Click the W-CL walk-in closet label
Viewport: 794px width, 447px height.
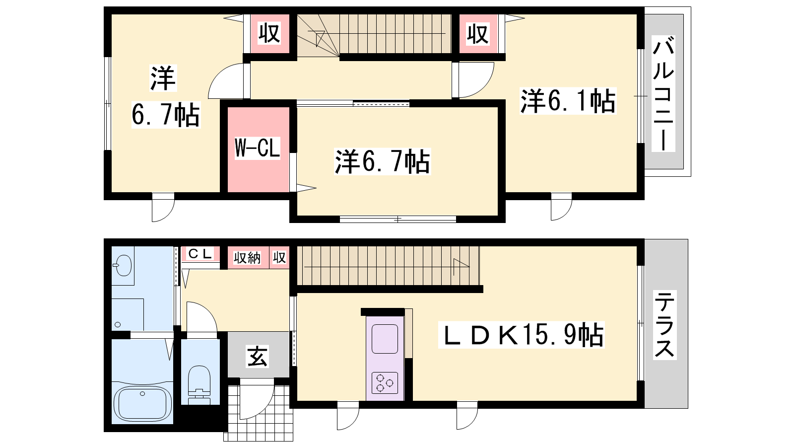point(258,148)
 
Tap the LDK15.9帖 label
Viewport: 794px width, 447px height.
point(521,335)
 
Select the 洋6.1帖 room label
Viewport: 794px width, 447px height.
point(568,101)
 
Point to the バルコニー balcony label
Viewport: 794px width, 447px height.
point(663,94)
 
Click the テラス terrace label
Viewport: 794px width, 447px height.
point(664,325)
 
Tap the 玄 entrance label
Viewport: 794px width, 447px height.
point(258,357)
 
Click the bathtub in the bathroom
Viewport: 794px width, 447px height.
point(142,403)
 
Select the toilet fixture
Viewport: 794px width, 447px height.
point(199,385)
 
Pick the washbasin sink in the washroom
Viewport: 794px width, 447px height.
point(123,265)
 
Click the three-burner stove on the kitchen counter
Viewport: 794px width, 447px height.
point(385,383)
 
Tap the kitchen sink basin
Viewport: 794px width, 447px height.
point(385,339)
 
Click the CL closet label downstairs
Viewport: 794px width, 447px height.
point(200,254)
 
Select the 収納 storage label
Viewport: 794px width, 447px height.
point(247,258)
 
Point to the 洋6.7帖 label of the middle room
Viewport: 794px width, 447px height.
point(382,161)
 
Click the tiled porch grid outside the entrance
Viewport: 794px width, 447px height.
point(260,413)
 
